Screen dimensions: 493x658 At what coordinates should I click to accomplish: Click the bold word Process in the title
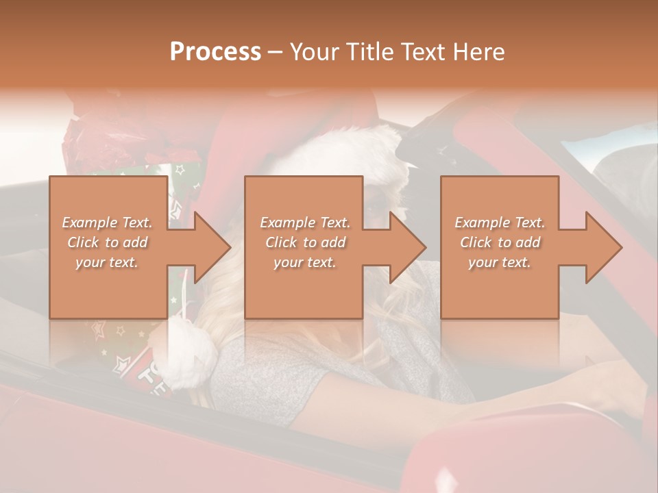(215, 51)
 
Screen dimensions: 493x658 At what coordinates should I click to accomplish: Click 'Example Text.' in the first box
(107, 223)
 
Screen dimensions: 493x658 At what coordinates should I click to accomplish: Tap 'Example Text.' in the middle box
(304, 223)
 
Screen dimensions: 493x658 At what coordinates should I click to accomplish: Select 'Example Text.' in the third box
(500, 223)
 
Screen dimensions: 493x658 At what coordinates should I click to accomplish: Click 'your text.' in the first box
(107, 262)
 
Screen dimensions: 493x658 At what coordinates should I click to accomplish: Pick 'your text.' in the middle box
(304, 262)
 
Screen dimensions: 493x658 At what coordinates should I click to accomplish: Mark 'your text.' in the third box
(500, 262)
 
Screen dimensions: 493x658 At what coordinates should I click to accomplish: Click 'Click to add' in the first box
(107, 242)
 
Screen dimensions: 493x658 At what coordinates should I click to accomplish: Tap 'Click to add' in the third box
(500, 242)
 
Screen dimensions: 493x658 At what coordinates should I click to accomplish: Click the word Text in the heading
(425, 51)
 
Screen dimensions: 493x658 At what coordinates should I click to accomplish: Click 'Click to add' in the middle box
(304, 242)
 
